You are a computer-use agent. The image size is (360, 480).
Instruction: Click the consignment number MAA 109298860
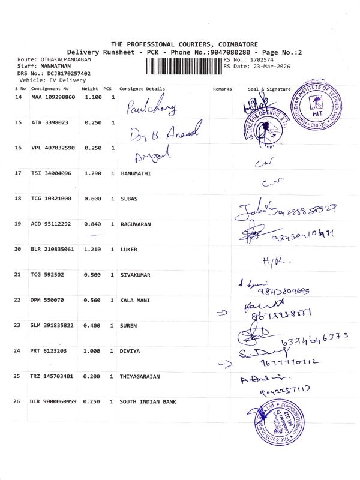[x=53, y=97]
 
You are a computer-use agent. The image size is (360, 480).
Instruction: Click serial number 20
[x=17, y=248]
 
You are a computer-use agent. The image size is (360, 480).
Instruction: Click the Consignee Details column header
[x=142, y=89]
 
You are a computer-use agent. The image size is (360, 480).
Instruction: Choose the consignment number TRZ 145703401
[x=53, y=376]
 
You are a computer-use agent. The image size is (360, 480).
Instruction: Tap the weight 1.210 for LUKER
[x=92, y=248]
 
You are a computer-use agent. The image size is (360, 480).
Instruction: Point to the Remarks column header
[x=222, y=89]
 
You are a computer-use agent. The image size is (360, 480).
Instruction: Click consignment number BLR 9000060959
[x=53, y=401]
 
